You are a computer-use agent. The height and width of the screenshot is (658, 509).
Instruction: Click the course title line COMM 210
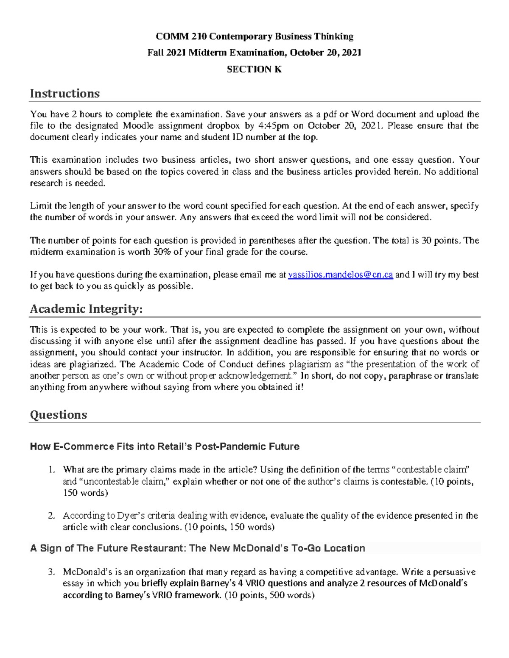coord(255,36)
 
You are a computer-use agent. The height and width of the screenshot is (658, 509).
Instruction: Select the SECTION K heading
coord(255,69)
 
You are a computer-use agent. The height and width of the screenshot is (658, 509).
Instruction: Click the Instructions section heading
coord(64,93)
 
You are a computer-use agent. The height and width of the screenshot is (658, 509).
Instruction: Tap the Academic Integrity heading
coord(86,309)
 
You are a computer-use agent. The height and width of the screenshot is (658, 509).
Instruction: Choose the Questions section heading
coord(58,414)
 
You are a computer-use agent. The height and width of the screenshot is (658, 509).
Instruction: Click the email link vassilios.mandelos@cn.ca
coord(340,275)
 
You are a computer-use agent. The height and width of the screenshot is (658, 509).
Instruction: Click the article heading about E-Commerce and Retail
coord(165,447)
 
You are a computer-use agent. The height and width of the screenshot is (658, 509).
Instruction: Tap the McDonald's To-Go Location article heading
coord(198,548)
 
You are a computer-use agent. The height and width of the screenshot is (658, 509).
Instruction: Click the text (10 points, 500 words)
coord(269,595)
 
